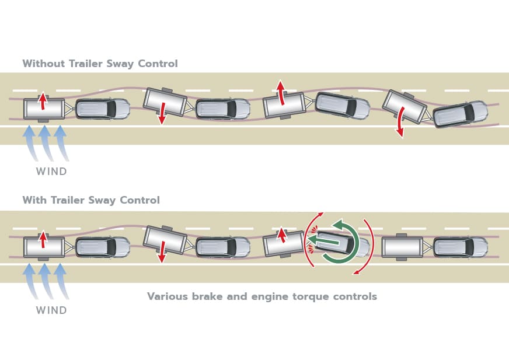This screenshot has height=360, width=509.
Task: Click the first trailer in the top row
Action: tap(44, 109)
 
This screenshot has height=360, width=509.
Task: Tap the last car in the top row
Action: tap(461, 114)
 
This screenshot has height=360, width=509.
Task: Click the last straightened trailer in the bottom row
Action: tap(402, 246)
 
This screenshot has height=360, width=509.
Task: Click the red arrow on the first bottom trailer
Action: tap(42, 239)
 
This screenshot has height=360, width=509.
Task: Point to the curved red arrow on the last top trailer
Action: tap(399, 125)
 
